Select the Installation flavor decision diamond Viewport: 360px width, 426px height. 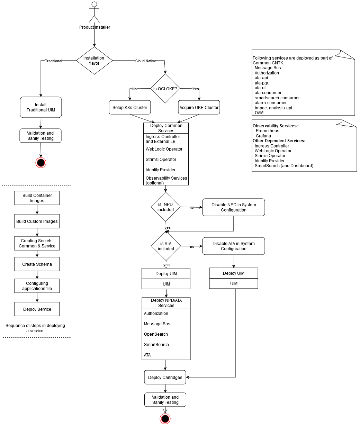[x=94, y=61]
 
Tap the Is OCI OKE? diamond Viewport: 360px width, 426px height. [x=165, y=89]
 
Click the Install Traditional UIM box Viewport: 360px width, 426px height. [x=41, y=107]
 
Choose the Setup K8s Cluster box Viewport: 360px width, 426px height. [x=130, y=107]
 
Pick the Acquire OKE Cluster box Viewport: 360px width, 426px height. [x=199, y=107]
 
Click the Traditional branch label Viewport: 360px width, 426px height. [x=53, y=61]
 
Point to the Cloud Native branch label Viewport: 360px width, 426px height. [x=145, y=61]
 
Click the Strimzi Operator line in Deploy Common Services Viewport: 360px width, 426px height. [x=161, y=160]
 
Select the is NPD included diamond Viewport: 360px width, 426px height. [x=166, y=207]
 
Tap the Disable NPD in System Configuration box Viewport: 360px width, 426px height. [x=234, y=207]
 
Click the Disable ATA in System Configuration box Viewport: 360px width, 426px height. [x=234, y=246]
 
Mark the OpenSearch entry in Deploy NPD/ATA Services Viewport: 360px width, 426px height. [x=156, y=334]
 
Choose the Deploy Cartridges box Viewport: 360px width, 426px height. [x=165, y=377]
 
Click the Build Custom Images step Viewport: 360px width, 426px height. [x=37, y=221]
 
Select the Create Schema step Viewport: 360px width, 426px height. [x=37, y=264]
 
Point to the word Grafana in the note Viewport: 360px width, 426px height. [x=263, y=136]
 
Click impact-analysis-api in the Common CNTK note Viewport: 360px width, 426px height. [x=273, y=108]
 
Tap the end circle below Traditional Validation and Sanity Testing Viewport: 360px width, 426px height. [x=41, y=163]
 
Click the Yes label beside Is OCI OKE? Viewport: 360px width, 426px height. [x=196, y=89]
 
